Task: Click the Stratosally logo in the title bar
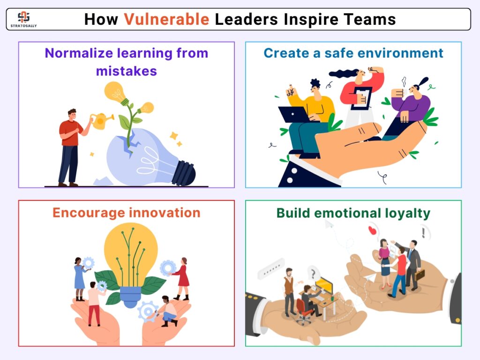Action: point(23,19)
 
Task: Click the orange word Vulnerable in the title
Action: point(166,19)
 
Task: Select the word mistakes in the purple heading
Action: point(127,71)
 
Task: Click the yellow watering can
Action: point(101,120)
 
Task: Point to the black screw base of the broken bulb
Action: point(184,173)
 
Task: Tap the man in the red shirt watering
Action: point(72,148)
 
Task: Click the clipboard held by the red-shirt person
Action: point(361,98)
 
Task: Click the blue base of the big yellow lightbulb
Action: point(130,297)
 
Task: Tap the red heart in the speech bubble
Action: point(372,230)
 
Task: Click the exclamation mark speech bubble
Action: point(424,232)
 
